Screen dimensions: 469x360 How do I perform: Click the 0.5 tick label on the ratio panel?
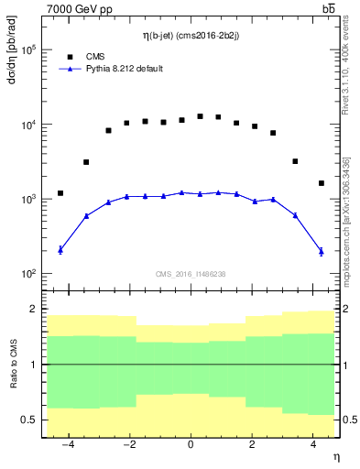(x=27, y=420)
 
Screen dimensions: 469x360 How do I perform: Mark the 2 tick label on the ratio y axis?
(x=32, y=310)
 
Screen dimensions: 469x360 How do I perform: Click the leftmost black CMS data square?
(x=60, y=193)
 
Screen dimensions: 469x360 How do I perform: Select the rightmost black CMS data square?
(x=322, y=183)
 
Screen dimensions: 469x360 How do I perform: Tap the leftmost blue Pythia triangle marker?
(x=60, y=249)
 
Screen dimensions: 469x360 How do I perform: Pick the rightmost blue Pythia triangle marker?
(x=322, y=250)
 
